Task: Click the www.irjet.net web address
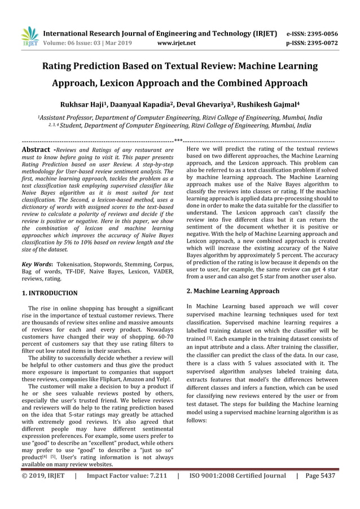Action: click(177, 42)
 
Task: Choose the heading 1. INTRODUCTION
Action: click(49, 293)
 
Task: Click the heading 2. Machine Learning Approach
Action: click(232, 291)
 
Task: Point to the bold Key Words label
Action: click(36, 264)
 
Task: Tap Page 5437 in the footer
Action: click(319, 476)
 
